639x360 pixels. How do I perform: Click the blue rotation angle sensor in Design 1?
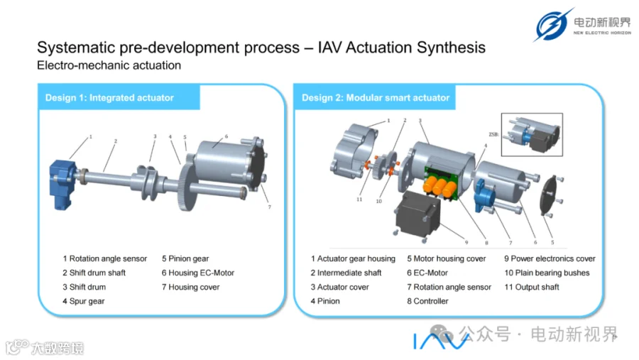62,184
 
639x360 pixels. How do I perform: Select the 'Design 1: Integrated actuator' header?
109,98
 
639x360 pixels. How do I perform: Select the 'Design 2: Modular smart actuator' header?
376,98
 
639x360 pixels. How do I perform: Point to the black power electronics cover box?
418,214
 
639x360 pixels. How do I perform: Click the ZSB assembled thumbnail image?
532,134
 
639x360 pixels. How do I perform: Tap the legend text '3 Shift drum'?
84,287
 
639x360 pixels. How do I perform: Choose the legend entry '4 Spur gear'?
84,301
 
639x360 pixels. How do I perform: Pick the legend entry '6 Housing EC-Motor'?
198,273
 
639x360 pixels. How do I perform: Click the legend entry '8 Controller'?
427,301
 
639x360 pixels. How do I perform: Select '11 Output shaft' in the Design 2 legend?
531,287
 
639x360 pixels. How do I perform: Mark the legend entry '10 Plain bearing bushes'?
547,273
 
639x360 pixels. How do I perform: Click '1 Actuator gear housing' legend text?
353,259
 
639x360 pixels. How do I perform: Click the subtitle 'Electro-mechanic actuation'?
109,65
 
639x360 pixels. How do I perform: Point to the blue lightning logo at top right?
552,24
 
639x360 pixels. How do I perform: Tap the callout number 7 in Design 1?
269,207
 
